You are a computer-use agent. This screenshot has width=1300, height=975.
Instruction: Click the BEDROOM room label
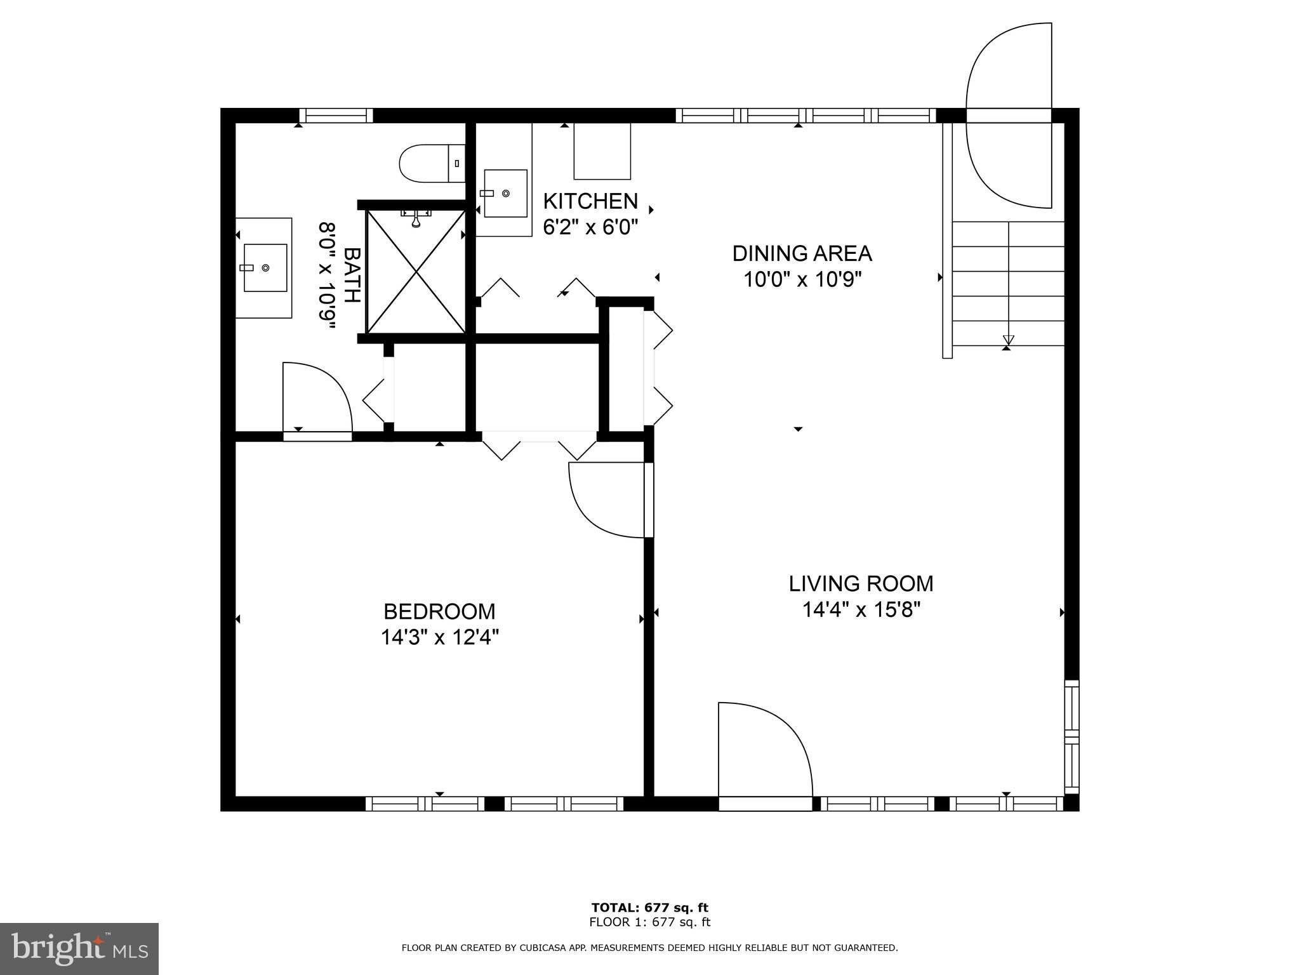439,611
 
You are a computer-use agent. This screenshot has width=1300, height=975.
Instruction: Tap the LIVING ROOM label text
861,583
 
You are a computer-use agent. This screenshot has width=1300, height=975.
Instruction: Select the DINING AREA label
802,253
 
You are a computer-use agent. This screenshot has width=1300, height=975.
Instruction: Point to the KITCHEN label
590,201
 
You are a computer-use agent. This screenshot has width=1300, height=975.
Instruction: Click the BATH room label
352,275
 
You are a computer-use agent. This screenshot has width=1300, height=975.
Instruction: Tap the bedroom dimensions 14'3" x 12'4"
440,637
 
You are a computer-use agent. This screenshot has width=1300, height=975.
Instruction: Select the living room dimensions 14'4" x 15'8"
861,609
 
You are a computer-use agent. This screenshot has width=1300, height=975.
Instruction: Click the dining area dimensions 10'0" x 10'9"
802,279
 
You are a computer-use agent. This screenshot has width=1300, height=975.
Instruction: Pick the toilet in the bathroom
432,164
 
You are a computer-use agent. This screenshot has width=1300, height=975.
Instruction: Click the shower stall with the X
416,272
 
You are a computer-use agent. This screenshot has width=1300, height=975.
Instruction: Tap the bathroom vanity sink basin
265,268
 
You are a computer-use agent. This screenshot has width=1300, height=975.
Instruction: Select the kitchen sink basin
506,193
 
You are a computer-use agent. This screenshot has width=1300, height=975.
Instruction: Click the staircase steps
1008,284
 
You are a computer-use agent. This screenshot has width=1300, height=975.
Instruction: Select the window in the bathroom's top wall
336,116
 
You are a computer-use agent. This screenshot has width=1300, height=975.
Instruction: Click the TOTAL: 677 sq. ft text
650,908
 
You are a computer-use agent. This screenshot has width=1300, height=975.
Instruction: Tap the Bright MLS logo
79,948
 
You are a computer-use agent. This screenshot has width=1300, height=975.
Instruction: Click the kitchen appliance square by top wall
602,151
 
